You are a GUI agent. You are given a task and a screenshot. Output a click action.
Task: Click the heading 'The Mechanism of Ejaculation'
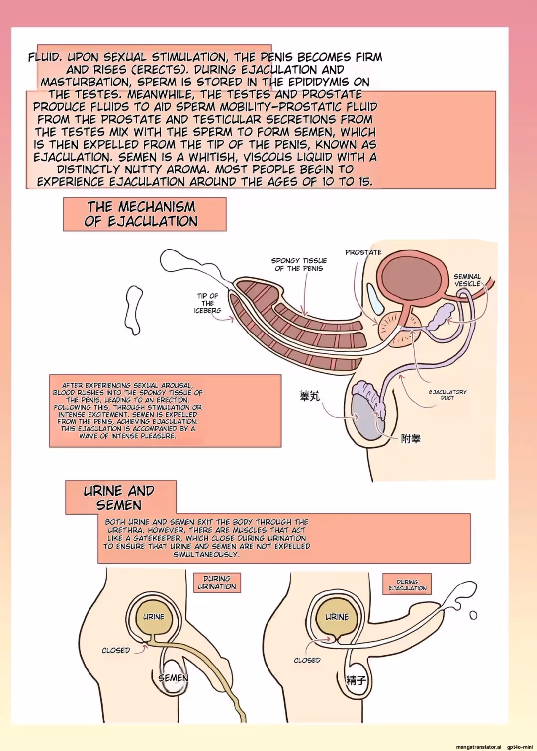pos(141,214)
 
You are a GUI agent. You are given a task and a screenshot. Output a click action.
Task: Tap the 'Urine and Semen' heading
pos(119,498)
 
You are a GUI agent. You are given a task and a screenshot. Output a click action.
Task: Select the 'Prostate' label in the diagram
pos(363,252)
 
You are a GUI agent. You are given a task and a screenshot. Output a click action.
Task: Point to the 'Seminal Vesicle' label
pos(467,280)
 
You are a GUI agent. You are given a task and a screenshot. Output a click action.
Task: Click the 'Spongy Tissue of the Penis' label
pos(299,264)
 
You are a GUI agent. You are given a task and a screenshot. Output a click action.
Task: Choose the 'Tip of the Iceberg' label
pos(208,303)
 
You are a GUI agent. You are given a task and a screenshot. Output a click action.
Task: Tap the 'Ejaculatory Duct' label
pos(448,394)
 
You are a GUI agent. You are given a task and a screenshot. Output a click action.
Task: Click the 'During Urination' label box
pos(217,583)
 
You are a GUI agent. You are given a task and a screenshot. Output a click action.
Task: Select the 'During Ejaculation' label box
pos(407,584)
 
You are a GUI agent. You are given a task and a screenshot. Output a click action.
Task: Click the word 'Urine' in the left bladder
pos(154,617)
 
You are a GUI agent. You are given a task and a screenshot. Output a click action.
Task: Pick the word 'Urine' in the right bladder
pos(337,617)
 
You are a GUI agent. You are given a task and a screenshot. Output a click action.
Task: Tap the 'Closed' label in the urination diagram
pos(116,650)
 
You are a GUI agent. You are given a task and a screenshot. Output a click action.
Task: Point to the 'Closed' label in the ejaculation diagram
pos(307,660)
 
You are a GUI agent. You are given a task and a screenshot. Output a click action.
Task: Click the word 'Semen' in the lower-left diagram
pos(173,678)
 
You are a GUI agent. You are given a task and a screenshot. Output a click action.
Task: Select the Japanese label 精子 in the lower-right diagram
pos(356,680)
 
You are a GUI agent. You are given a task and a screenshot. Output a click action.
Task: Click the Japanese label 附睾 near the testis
pos(411,438)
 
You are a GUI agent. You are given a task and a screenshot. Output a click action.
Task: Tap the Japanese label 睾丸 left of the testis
pos(310,396)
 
